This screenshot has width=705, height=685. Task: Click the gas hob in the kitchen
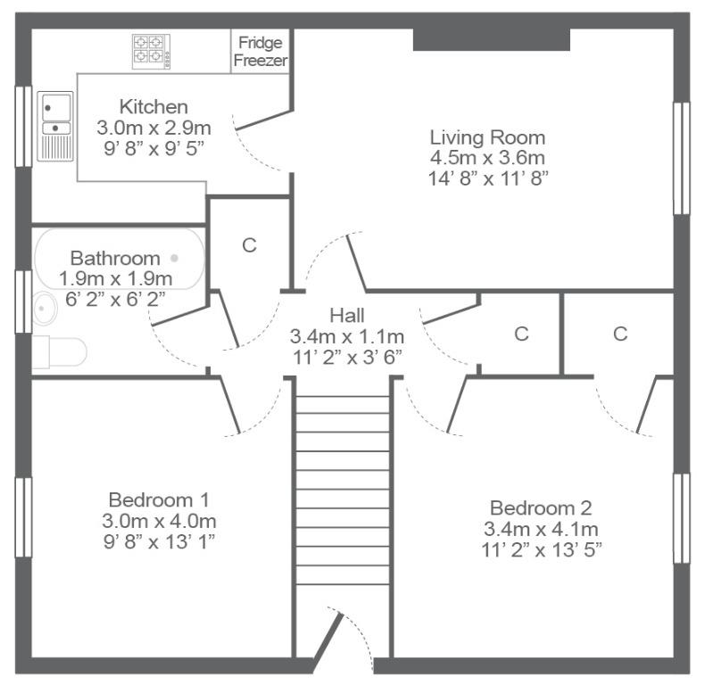click(x=151, y=52)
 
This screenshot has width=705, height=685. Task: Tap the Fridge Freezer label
click(x=261, y=51)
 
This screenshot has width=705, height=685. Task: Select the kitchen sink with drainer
click(x=55, y=127)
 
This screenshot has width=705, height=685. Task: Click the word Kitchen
click(x=153, y=107)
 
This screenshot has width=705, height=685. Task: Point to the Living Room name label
click(x=487, y=137)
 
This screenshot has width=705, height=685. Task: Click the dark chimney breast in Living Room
click(x=492, y=39)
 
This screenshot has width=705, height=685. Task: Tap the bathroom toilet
click(x=60, y=352)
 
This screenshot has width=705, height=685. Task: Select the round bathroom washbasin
click(x=45, y=309)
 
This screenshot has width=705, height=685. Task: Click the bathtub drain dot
click(x=174, y=258)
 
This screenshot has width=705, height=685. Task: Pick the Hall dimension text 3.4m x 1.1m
click(x=346, y=336)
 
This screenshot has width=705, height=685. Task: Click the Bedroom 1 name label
click(x=159, y=499)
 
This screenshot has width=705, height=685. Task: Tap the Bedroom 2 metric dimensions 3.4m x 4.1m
click(x=541, y=529)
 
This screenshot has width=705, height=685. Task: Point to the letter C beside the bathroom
click(x=249, y=245)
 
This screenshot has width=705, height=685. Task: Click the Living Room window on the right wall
click(x=681, y=158)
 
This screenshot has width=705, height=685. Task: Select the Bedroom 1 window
click(x=23, y=517)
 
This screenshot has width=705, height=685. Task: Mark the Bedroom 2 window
click(x=681, y=518)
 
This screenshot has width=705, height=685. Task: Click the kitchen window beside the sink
click(x=23, y=127)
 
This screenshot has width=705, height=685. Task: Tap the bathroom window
click(x=23, y=301)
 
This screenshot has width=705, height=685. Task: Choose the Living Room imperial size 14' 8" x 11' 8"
click(x=488, y=178)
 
